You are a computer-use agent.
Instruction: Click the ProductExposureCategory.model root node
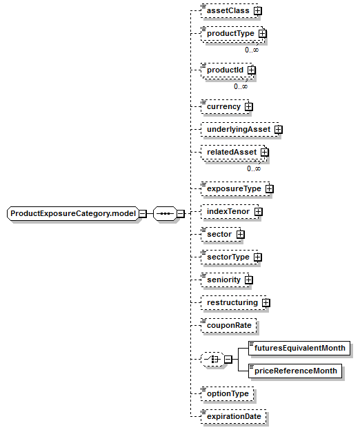pos(73,214)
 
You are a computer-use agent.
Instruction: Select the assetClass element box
pos(230,11)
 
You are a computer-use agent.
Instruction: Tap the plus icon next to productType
pos(263,34)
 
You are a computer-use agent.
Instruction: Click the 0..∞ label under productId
pos(241,87)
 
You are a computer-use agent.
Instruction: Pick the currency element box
pos(225,107)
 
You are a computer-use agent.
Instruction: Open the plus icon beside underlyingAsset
pos(279,130)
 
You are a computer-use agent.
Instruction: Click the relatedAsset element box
pos(233,153)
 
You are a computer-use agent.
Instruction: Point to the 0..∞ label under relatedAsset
pos(254,168)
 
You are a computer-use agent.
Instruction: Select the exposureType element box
pos(235,188)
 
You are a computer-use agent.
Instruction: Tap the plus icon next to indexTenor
pos(259,212)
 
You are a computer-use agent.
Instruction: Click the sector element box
pos(221,234)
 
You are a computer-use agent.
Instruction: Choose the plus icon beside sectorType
pos(258,257)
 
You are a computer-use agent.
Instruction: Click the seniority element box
pos(225,280)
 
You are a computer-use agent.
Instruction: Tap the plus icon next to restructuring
pos(266,303)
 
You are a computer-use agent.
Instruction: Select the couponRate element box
pos(229,326)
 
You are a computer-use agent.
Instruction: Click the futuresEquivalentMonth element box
pos(299,349)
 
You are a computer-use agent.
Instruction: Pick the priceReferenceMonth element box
pos(295,371)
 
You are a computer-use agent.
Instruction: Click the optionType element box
pos(228,394)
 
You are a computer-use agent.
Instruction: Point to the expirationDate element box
pos(233,417)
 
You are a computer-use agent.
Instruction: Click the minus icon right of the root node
pos(143,214)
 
